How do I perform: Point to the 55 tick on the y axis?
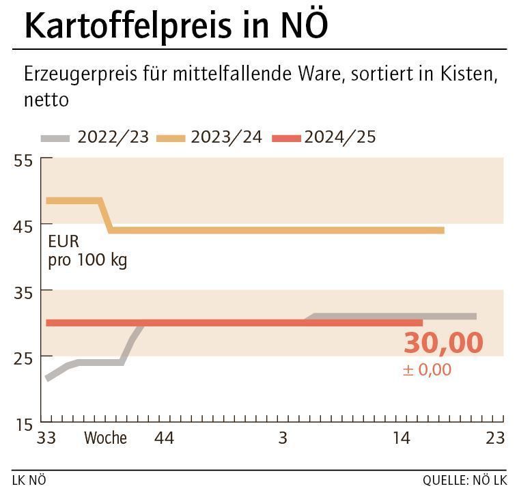[x=23, y=161]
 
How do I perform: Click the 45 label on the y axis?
[x=23, y=226]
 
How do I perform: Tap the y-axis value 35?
[x=23, y=292]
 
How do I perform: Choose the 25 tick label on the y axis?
[x=23, y=358]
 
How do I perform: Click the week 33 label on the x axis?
[x=46, y=438]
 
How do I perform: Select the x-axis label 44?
[x=164, y=438]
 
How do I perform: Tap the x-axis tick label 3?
[x=283, y=438]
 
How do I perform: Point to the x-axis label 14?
[x=402, y=438]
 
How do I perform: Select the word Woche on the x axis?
[x=105, y=438]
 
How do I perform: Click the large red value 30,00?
[x=443, y=343]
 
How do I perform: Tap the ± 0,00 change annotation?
[x=427, y=370]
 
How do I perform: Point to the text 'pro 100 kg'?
[x=87, y=260]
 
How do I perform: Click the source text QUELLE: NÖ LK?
[x=464, y=481]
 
